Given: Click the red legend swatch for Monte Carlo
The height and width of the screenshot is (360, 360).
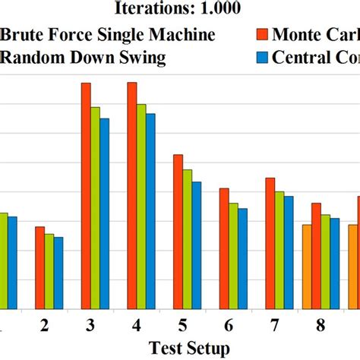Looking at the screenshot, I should click(x=262, y=34).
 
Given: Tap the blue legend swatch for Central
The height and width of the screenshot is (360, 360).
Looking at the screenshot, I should click(x=262, y=56).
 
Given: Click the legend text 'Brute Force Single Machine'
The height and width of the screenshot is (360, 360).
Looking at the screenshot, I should click(x=108, y=34).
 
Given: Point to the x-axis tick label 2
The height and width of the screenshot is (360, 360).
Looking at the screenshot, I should click(x=45, y=326).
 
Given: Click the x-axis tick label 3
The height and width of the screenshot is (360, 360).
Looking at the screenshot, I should click(x=90, y=326).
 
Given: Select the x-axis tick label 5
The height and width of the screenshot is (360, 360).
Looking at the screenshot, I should click(x=182, y=326).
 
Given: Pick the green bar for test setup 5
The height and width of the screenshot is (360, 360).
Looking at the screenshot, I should click(x=187, y=239).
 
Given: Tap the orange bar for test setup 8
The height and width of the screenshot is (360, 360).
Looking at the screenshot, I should click(x=307, y=267).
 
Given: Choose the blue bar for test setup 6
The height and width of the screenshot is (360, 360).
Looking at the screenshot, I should click(x=242, y=258).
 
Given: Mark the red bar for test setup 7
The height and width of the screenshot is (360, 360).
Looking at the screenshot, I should click(x=270, y=243).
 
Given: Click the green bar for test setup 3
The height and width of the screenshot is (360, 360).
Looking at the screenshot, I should click(x=95, y=208).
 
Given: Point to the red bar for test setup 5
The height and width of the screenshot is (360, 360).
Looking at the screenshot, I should click(x=178, y=232).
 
